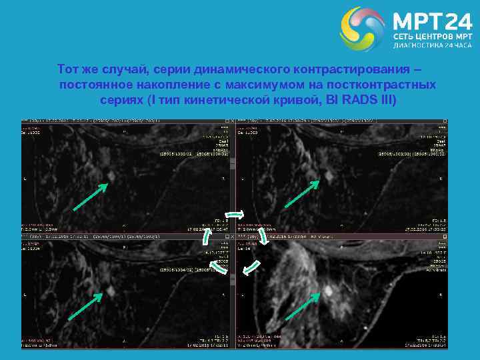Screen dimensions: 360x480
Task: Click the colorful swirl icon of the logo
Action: click(x=363, y=29)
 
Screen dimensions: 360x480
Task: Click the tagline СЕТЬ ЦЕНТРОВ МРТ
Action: click(x=433, y=35)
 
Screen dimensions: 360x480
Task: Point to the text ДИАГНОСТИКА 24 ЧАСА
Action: click(x=433, y=46)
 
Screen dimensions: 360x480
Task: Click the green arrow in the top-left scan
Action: click(x=89, y=197)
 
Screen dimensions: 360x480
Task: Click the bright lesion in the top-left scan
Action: click(x=111, y=175)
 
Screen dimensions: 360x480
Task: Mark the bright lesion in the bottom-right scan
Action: click(x=328, y=291)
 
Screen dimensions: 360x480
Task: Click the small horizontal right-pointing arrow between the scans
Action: click(x=239, y=215)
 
